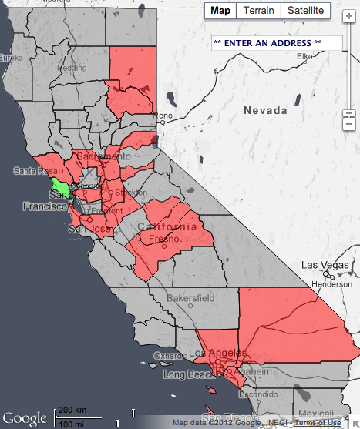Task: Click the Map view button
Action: [220, 11]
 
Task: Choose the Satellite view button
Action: [306, 11]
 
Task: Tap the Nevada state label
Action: [265, 111]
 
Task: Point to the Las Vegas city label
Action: [320, 264]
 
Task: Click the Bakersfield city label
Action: [191, 297]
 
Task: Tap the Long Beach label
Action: [187, 374]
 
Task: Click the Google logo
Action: [25, 417]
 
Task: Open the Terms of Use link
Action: [318, 423]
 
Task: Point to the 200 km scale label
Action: [72, 410]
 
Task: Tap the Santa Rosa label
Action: [32, 170]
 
